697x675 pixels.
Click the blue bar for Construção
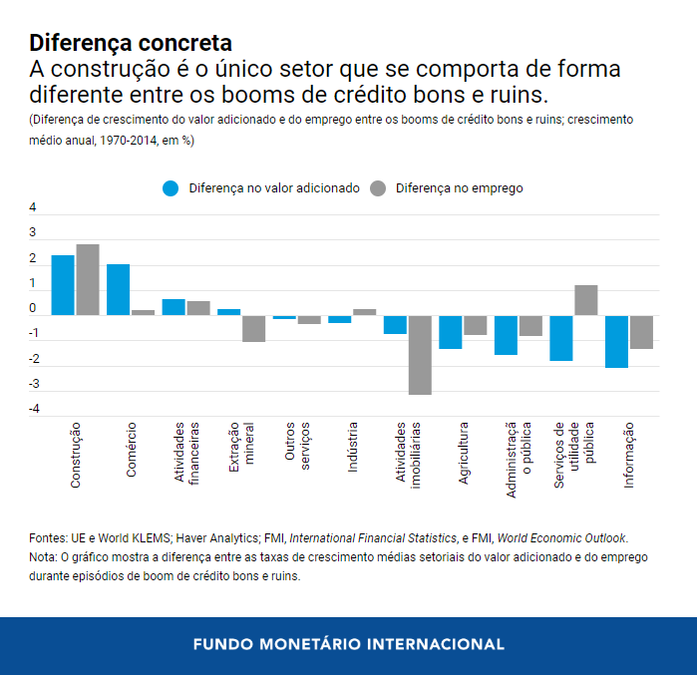click(63, 285)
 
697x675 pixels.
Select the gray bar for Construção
click(88, 279)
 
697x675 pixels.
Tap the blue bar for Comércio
click(118, 289)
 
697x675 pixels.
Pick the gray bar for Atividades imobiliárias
click(420, 354)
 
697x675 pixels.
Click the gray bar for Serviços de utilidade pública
click(586, 300)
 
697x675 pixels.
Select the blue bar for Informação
click(616, 341)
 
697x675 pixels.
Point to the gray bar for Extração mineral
click(254, 328)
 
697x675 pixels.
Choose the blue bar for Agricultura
click(451, 332)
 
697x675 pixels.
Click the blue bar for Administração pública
click(506, 335)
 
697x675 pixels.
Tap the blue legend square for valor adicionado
click(171, 187)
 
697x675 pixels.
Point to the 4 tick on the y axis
click(33, 207)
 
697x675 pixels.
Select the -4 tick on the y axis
click(33, 409)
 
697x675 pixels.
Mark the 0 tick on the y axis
click(33, 308)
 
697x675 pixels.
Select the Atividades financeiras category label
click(186, 454)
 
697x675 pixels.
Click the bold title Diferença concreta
click(131, 43)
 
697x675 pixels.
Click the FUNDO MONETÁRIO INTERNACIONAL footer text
click(348, 644)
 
